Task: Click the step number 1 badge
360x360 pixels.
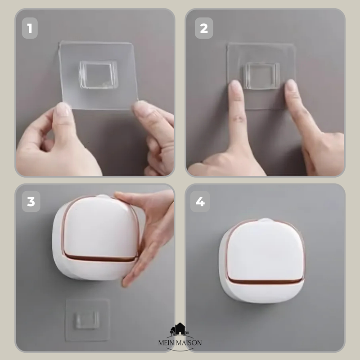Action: pos(30,28)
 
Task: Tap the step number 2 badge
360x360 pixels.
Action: pos(204,28)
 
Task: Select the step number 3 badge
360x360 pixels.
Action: pos(31,201)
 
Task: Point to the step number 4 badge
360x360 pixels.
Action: pos(200,201)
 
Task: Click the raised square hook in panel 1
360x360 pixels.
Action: pos(99,75)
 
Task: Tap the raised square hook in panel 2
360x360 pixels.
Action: pos(262,76)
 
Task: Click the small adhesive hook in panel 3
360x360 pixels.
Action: pos(87,319)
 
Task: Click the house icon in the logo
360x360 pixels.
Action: pos(180,329)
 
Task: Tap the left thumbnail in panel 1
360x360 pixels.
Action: pos(62,109)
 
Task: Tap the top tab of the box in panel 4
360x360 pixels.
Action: pos(266,220)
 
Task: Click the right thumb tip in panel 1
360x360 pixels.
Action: pos(140,107)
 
